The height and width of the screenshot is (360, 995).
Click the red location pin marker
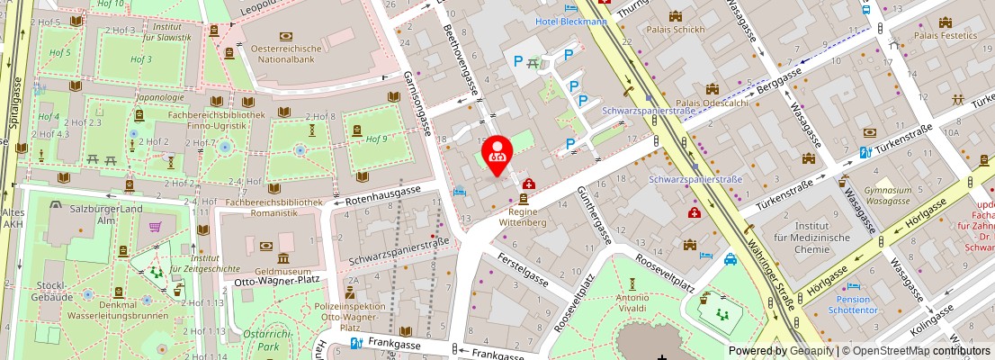click(497, 151)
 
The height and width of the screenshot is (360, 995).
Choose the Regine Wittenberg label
click(524, 216)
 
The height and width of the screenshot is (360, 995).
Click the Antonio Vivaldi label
click(632, 303)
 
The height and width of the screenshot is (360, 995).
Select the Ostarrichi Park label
click(263, 339)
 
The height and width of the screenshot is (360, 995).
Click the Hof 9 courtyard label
click(377, 139)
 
